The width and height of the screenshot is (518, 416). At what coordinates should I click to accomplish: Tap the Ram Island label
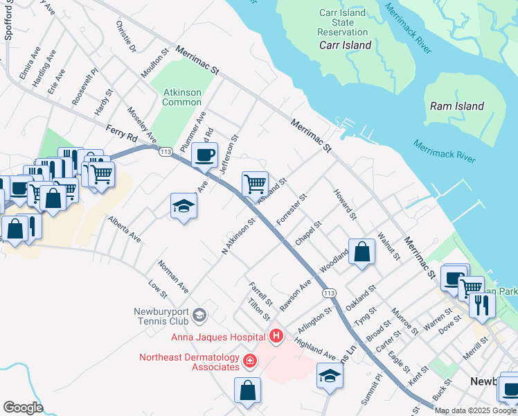[456, 106]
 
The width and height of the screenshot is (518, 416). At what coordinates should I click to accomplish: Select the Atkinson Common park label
[182, 97]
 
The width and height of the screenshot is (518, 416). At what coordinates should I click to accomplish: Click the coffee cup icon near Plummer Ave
[204, 155]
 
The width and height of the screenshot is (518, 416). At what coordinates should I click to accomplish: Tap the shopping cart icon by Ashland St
[255, 184]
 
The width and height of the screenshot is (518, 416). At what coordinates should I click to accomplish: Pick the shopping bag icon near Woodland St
[361, 252]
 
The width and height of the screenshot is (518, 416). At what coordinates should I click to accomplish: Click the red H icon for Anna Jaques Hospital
[276, 337]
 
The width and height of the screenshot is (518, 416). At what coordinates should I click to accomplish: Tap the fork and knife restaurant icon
[482, 304]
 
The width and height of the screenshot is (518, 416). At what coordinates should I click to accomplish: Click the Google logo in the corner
[23, 408]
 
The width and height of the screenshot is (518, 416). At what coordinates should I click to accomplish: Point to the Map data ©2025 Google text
[475, 410]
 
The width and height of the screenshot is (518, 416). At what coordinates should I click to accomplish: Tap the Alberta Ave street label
[124, 229]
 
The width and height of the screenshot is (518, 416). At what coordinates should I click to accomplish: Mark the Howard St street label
[344, 204]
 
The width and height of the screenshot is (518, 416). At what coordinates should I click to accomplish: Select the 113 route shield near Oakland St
[329, 293]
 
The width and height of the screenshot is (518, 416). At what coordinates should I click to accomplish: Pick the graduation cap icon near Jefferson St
[184, 206]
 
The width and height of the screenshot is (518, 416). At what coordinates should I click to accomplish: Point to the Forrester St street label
[291, 209]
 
